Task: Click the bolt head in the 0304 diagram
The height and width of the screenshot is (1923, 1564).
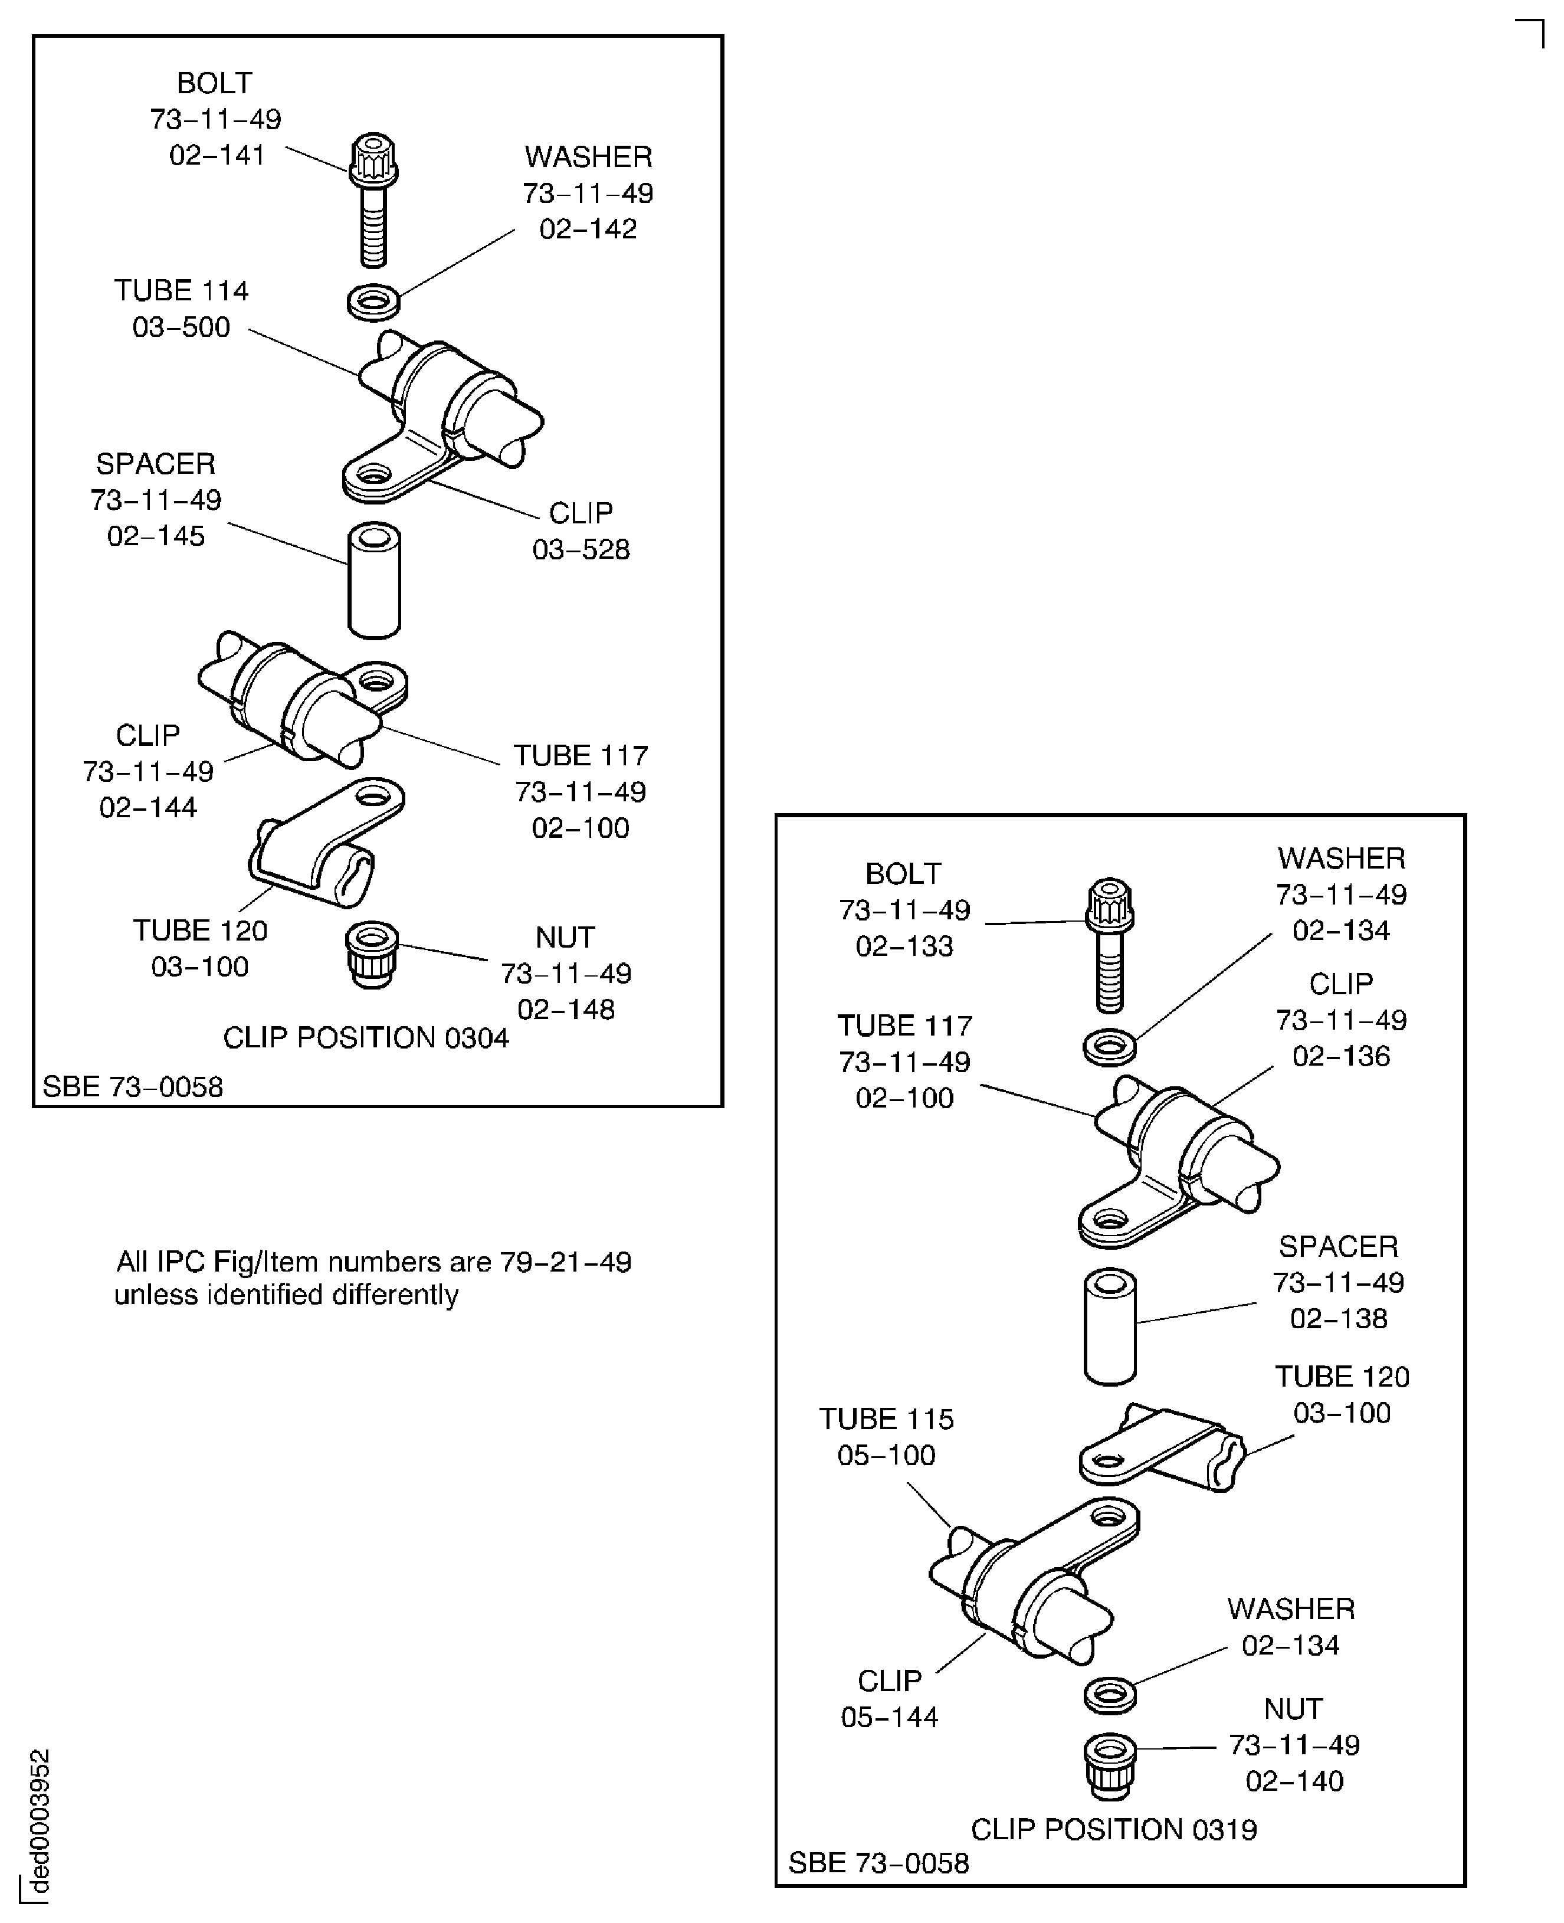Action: (373, 159)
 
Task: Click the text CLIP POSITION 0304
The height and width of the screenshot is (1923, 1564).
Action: (366, 1037)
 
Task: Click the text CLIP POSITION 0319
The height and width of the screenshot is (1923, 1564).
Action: (1113, 1829)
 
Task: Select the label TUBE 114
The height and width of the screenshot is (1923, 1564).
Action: (181, 290)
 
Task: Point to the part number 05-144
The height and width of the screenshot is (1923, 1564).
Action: (889, 1716)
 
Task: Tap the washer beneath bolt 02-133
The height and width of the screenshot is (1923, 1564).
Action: (1109, 1047)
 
